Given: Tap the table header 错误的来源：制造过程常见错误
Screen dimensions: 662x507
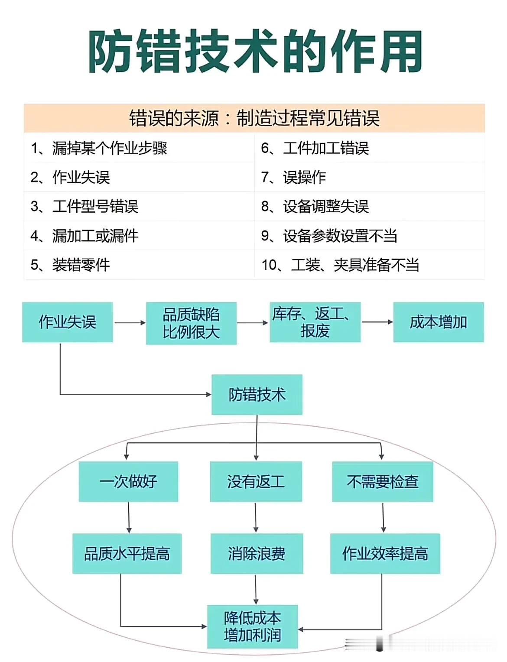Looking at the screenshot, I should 254,118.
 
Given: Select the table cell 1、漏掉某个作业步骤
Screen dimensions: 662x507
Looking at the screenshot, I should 99,148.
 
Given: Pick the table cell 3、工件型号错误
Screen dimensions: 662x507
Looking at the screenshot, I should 84,206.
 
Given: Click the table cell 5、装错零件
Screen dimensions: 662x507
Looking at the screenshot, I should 70,265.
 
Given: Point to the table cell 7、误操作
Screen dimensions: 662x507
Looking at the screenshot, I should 293,177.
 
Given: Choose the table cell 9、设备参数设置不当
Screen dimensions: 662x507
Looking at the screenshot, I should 329,236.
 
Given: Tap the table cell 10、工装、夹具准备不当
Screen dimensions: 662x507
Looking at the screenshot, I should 340,265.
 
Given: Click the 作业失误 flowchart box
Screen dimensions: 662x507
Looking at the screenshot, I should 67,322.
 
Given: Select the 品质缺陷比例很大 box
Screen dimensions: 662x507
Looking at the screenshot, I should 191,323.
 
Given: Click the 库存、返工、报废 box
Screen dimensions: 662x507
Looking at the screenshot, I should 315,322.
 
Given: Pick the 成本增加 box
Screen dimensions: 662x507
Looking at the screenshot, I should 438,322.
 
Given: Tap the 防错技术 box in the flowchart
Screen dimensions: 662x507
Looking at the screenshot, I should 257,394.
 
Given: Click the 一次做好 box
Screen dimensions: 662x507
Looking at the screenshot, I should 128,481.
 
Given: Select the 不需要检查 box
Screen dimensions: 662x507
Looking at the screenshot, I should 383,481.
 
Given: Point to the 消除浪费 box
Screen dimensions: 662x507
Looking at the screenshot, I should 257,553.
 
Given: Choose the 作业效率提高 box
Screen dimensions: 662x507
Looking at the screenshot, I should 385,553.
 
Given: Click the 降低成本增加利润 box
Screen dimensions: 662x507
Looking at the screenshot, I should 252,626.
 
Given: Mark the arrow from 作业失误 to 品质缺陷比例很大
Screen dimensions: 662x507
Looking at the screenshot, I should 130,322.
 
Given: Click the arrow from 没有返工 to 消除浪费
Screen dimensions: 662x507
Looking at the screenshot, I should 256,517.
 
